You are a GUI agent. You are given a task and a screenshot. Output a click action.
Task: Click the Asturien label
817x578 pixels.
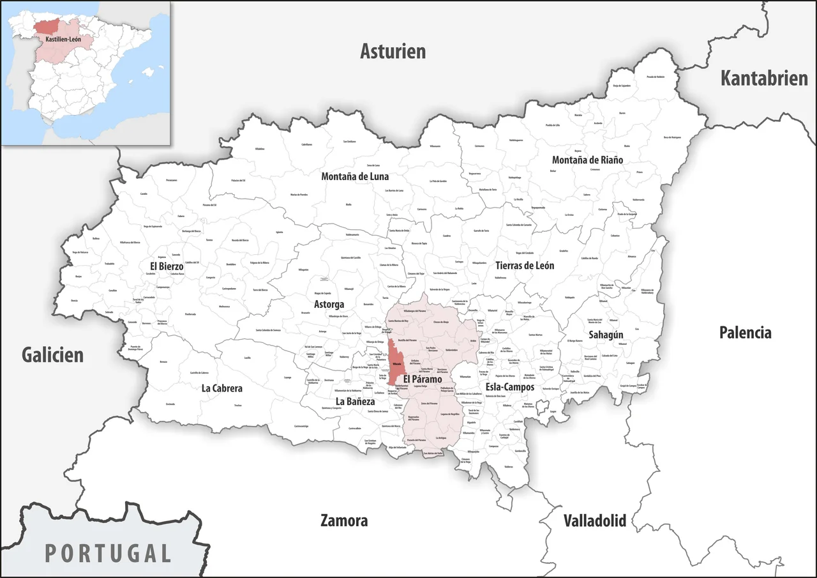click(x=393, y=51)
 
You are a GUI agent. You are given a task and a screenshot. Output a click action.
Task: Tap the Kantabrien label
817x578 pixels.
click(x=764, y=78)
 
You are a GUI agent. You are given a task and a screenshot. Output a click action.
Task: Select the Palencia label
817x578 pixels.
click(x=745, y=332)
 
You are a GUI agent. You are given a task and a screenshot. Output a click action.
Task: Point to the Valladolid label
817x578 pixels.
click(x=594, y=520)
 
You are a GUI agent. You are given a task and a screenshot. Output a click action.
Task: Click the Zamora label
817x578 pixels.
click(x=344, y=521)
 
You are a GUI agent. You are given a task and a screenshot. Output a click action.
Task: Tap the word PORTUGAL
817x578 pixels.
click(x=108, y=552)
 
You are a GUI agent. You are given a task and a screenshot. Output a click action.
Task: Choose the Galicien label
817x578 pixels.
click(x=52, y=355)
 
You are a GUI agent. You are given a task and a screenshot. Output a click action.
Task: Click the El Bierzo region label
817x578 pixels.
click(x=167, y=266)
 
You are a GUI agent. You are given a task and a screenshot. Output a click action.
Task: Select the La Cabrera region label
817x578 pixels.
click(x=222, y=388)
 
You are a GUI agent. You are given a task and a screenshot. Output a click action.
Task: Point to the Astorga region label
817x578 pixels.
click(x=329, y=304)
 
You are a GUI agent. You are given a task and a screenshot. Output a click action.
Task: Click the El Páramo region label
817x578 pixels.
click(x=423, y=379)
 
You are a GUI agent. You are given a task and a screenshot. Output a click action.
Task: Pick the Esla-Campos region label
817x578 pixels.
click(x=510, y=387)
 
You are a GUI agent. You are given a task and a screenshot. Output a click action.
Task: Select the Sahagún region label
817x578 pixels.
click(x=606, y=334)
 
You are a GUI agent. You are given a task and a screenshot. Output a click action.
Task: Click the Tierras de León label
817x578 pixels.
click(x=524, y=265)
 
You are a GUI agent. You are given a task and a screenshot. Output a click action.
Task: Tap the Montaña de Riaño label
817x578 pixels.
click(x=587, y=160)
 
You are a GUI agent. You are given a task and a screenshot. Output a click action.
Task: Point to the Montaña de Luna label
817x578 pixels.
click(x=355, y=176)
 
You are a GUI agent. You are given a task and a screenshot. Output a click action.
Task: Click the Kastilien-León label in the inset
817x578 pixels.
click(x=63, y=40)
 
